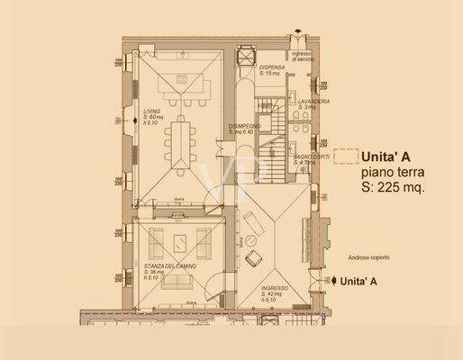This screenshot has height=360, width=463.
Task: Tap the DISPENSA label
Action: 273,67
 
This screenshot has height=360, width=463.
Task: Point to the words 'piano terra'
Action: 392,170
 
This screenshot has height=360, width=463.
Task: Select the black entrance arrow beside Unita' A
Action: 324,281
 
